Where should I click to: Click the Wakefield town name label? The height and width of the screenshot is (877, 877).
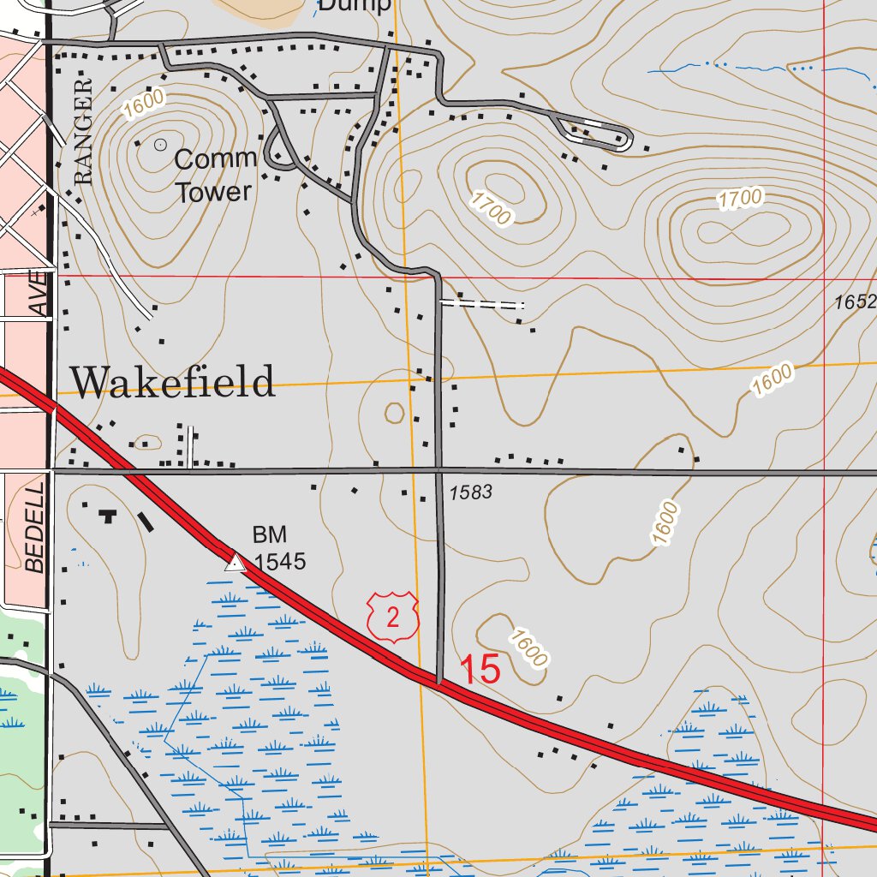pyautogui.click(x=172, y=381)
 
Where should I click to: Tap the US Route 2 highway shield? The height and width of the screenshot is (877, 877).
pyautogui.click(x=393, y=617)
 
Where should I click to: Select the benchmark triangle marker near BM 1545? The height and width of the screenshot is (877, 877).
pyautogui.click(x=235, y=562)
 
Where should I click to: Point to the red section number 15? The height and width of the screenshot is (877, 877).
pyautogui.click(x=480, y=669)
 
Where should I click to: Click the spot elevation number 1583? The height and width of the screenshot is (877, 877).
pyautogui.click(x=470, y=492)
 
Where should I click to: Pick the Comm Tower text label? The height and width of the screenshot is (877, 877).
pyautogui.click(x=214, y=175)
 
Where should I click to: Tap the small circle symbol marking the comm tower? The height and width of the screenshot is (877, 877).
pyautogui.click(x=160, y=145)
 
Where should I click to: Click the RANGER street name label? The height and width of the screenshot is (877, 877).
pyautogui.click(x=83, y=133)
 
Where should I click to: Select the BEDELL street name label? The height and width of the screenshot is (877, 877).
pyautogui.click(x=34, y=528)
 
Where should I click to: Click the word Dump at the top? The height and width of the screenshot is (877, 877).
pyautogui.click(x=355, y=5)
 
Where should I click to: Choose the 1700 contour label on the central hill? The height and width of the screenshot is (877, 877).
pyautogui.click(x=491, y=208)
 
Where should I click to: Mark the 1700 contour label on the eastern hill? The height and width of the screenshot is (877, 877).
pyautogui.click(x=740, y=199)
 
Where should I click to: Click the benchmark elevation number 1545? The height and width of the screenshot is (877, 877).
pyautogui.click(x=279, y=562)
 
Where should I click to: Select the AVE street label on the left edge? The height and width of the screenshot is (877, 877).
pyautogui.click(x=39, y=295)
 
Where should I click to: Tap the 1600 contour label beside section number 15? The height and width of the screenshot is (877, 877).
pyautogui.click(x=527, y=647)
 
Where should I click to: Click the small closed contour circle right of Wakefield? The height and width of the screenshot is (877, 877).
pyautogui.click(x=394, y=414)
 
